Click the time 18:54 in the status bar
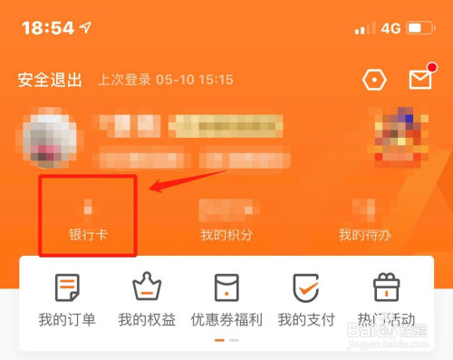point(48,27)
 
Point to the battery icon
point(421,28)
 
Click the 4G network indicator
point(390,28)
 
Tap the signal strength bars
point(365,28)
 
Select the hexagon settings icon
point(373,80)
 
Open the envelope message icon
point(420,80)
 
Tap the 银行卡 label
point(87,235)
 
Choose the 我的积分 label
point(226,235)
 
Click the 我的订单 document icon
point(67,287)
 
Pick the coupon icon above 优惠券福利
point(226,287)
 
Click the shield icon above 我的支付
point(305,287)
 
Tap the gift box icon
point(386,287)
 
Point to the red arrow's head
point(152,190)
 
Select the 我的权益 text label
point(146,319)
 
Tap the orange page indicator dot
point(219,340)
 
